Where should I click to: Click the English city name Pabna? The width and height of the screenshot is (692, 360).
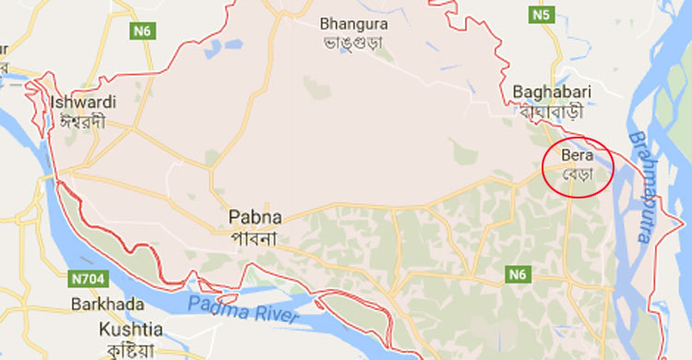tap(255, 219)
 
